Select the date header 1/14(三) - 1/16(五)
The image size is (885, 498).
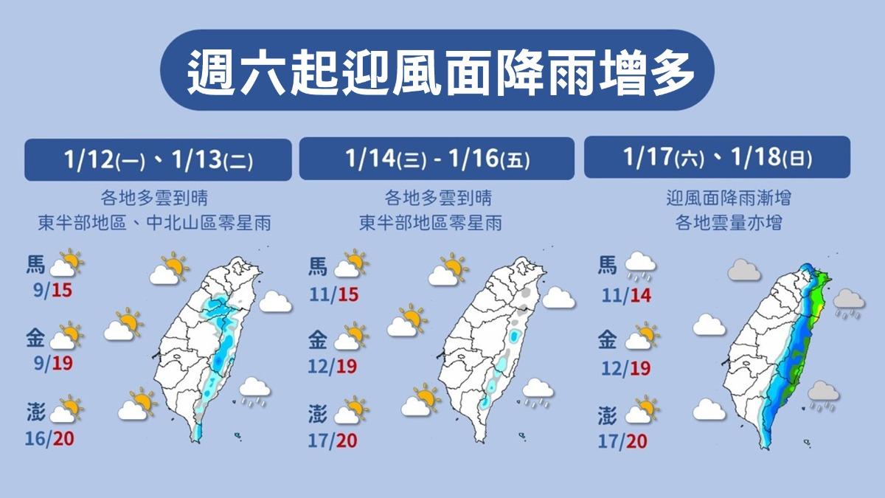point(437,159)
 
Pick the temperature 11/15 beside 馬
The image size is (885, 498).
point(333,295)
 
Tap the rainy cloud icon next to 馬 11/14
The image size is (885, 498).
point(640,267)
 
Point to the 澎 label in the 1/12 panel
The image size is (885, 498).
point(35,410)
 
